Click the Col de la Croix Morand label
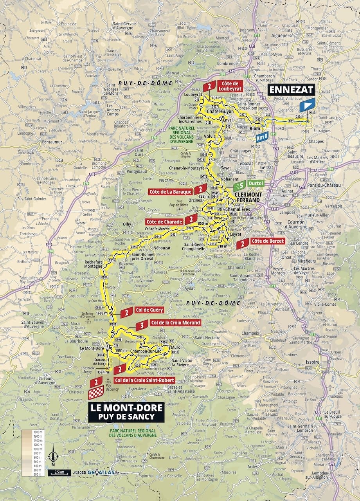(x=169, y=323)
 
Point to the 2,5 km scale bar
(x=59, y=472)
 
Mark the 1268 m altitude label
(x=101, y=313)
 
